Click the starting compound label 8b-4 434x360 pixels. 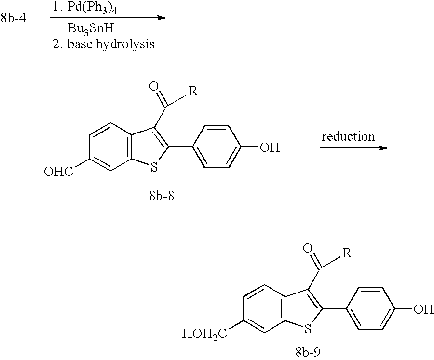(14, 18)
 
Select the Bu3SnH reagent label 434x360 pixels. (91, 29)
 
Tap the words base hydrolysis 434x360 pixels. (111, 44)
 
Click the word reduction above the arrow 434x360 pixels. (348, 136)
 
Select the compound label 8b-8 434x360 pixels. (162, 196)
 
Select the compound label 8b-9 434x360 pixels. (308, 353)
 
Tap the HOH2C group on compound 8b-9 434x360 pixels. (204, 333)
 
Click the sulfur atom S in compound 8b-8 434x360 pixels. (154, 167)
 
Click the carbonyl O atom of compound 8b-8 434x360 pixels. (154, 86)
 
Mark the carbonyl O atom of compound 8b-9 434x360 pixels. (307, 248)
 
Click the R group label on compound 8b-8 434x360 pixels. (193, 91)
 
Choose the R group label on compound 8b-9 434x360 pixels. (347, 253)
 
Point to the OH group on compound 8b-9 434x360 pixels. (423, 309)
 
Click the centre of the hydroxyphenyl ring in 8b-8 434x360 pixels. (217, 147)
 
